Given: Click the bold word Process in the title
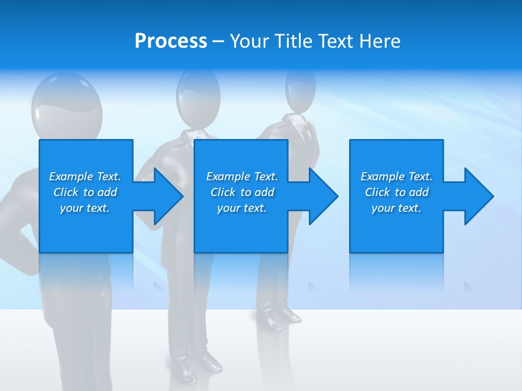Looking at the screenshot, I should tap(171, 41).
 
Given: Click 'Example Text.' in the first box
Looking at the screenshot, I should tap(85, 176).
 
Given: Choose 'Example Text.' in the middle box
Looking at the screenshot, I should tap(242, 176).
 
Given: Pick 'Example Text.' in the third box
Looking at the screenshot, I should tap(396, 176).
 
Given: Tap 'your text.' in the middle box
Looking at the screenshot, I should tap(242, 208).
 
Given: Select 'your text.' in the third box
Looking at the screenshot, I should tap(396, 208).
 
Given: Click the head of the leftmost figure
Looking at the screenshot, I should tap(66, 109).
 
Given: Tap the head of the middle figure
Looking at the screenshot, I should tap(198, 92).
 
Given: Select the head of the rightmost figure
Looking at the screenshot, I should tap(300, 90).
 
